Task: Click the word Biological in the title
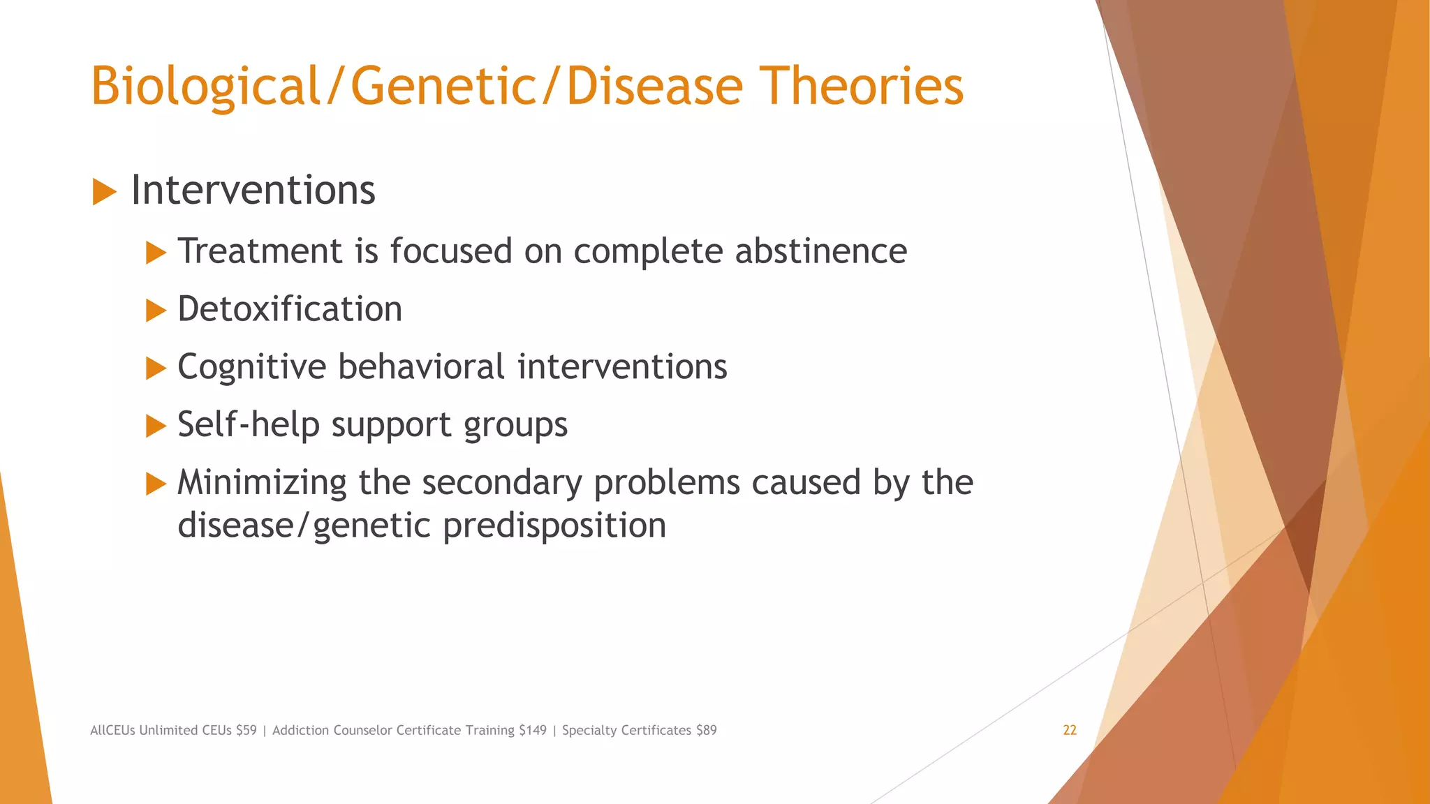[x=205, y=87]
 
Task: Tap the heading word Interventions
[x=253, y=190]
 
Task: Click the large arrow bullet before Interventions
[x=104, y=191]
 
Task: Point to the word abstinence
[x=820, y=251]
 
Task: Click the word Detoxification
[x=290, y=309]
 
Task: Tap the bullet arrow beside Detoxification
[x=156, y=311]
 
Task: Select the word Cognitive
[x=251, y=367]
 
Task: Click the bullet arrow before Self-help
[x=156, y=426]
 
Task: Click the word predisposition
[x=554, y=526]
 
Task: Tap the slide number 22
[x=1069, y=730]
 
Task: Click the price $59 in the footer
[x=246, y=730]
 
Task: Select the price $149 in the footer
[x=533, y=730]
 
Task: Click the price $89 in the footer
[x=706, y=730]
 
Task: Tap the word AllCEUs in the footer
[x=112, y=730]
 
